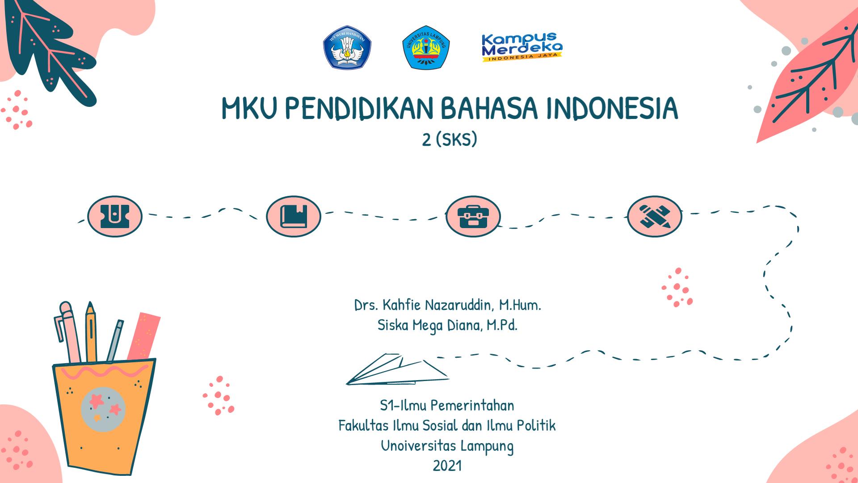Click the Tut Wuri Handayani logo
click(x=347, y=47)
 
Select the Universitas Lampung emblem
click(x=426, y=47)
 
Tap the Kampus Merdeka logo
click(x=522, y=47)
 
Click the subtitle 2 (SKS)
click(x=450, y=140)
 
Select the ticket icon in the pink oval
click(x=115, y=216)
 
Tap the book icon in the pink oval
click(x=294, y=216)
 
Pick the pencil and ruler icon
click(x=655, y=216)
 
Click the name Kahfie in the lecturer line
click(x=401, y=305)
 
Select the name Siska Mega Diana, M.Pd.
click(x=447, y=325)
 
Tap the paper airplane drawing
click(x=397, y=369)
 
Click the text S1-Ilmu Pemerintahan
click(x=447, y=406)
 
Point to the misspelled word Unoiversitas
click(x=419, y=445)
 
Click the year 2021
click(x=447, y=466)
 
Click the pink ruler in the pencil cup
click(x=143, y=336)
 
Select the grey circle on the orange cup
click(x=103, y=409)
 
